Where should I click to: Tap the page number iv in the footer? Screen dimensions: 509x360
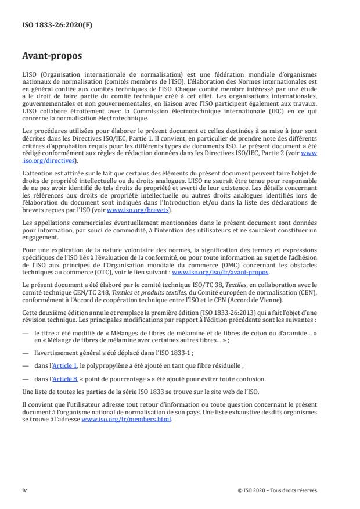pos(24,490)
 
